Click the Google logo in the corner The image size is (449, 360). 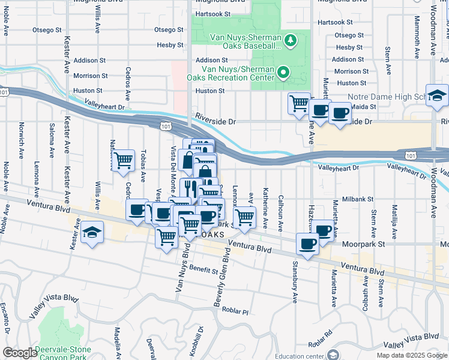pos(20,353)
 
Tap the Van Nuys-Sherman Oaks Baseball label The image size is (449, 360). pos(245,41)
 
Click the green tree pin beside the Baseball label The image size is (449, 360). pos(291,40)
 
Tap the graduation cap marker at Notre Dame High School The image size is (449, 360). pos(437,96)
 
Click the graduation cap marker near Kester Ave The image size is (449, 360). pos(92,232)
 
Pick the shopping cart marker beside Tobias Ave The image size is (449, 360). pos(123,161)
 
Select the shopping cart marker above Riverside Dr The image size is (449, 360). pos(299,104)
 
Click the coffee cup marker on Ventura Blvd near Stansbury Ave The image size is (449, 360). pos(307,245)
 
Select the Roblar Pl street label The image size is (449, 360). pos(235,311)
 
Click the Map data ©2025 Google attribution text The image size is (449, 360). pos(412,355)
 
